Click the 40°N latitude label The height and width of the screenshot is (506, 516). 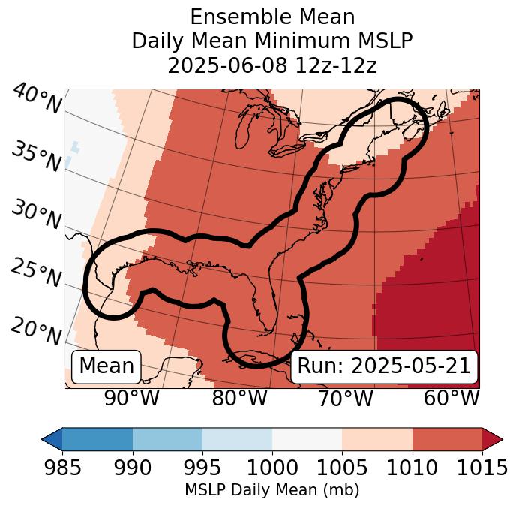pos(37,99)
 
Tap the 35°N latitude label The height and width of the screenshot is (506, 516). pos(37,157)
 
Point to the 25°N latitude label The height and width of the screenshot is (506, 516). pos(37,273)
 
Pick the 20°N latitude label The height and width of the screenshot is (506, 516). pos(37,331)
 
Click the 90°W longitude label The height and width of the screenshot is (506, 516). pos(131,398)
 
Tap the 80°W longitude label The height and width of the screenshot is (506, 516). pos(239,398)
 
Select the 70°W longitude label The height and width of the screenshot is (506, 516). pos(345,398)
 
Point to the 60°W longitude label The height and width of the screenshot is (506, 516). pos(451,398)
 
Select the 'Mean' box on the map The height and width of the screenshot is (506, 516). pos(106,366)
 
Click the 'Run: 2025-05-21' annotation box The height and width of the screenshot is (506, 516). pos(383,366)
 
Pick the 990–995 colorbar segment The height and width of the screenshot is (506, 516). pos(167,439)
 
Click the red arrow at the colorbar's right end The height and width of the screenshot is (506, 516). pos(493,439)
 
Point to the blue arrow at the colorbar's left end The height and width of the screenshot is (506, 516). pos(52,439)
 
